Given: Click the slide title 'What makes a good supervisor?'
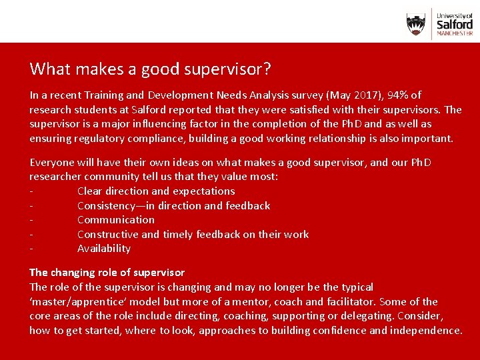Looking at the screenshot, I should pos(150,69).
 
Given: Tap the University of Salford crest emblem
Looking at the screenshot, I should pos(416,25).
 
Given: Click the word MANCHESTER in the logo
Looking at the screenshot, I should pos(455,33).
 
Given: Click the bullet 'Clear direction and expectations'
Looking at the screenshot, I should pos(156,191).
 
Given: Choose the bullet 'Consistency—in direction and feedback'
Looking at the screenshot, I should pos(173,205).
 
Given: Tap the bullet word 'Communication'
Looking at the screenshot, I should pos(115,219).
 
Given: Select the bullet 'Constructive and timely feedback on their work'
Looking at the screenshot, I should pos(193,234).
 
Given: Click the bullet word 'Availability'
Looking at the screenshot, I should pos(103,248).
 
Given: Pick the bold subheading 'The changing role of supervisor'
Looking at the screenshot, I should pos(107,272).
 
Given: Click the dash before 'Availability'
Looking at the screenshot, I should pos(31,249).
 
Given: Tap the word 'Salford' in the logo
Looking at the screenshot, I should pos(455,23).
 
